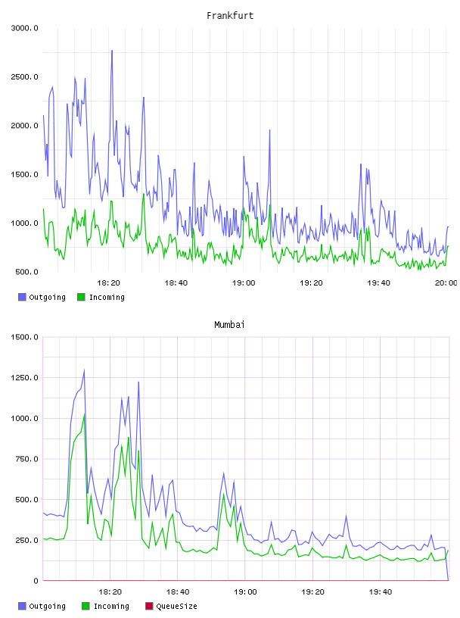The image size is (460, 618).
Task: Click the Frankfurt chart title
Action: click(x=230, y=16)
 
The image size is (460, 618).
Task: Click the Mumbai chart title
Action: click(x=229, y=325)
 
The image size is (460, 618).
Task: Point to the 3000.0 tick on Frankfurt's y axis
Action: click(x=25, y=28)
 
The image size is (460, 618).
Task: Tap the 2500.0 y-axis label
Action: click(x=25, y=76)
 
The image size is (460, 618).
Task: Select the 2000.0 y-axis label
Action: click(x=25, y=126)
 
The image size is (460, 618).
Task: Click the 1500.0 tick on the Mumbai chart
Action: click(x=25, y=337)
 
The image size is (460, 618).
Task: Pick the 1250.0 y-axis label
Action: click(x=25, y=378)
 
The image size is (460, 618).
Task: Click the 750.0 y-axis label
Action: click(x=26, y=459)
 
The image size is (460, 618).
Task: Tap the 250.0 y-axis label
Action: click(x=26, y=540)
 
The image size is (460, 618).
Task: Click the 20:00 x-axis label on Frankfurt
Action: click(x=446, y=282)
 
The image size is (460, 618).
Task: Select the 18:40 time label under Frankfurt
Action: click(x=176, y=282)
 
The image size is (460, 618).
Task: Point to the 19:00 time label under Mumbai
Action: click(x=245, y=591)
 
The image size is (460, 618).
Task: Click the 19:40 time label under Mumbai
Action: click(x=381, y=591)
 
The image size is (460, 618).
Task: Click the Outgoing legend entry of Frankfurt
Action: click(x=42, y=297)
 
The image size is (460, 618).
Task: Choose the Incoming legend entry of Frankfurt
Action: click(x=101, y=297)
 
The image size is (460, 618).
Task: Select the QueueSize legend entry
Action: click(x=171, y=606)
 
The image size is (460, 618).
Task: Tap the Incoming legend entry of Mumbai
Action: click(x=106, y=606)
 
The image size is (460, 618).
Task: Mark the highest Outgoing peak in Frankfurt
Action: click(x=112, y=51)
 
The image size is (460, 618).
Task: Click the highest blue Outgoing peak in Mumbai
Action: click(x=84, y=370)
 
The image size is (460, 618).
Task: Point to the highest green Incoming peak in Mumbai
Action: click(x=84, y=413)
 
